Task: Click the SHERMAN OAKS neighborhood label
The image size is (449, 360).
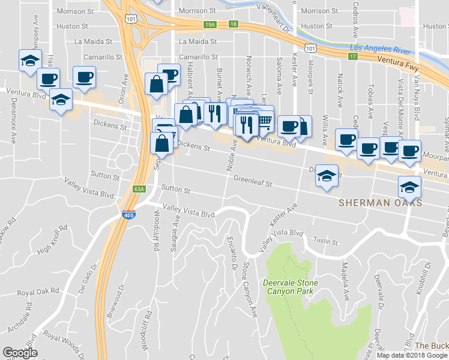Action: point(380,203)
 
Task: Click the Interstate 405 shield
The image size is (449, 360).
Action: point(128,214)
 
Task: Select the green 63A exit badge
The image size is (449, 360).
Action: point(139,189)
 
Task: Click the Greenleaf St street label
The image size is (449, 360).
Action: point(253,179)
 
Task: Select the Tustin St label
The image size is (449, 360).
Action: point(326,242)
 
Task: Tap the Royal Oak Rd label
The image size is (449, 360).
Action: point(38,292)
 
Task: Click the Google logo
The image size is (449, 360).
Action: point(20,353)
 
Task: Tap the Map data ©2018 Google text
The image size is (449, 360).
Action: point(412,355)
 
